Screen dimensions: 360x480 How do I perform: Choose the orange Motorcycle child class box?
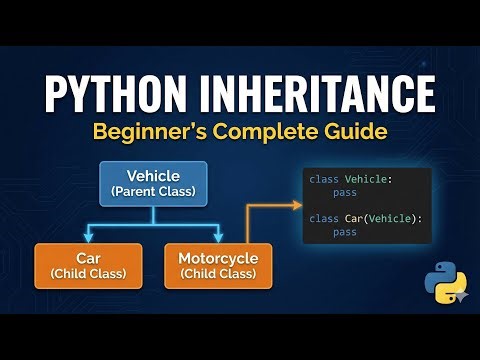click(x=217, y=265)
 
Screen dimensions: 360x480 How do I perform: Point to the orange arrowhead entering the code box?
click(x=297, y=206)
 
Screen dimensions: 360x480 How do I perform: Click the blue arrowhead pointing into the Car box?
click(x=85, y=237)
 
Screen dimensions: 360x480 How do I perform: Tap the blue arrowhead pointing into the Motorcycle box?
click(x=217, y=237)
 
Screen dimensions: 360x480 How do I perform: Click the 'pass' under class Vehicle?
click(x=345, y=193)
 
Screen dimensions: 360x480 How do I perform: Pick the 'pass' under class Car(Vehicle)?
click(x=345, y=232)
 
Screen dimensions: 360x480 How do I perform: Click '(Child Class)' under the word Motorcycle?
click(x=217, y=274)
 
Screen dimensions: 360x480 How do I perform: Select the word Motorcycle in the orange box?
click(x=217, y=258)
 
